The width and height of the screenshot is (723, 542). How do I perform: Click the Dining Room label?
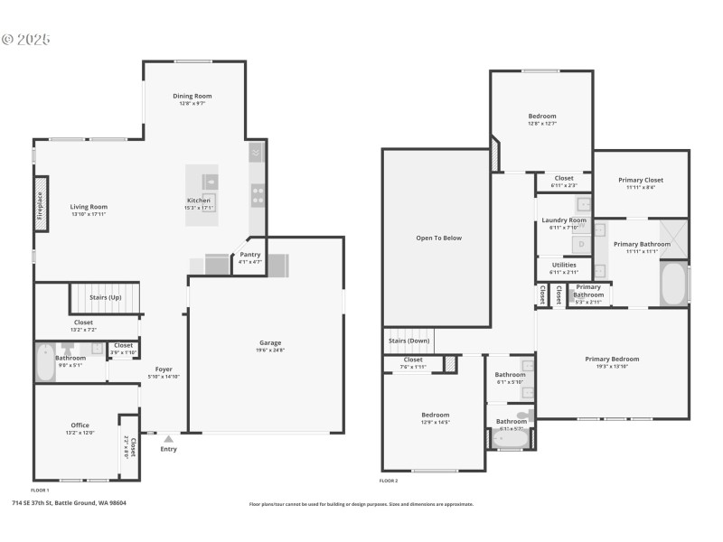192,96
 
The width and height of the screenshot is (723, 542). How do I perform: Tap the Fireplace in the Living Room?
41,204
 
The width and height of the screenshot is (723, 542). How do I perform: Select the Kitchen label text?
199,201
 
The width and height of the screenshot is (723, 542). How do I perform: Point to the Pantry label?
249,255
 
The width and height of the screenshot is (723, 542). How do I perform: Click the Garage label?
270,342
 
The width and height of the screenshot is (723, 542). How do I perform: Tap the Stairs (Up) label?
107,296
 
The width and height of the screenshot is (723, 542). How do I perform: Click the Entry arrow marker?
168,438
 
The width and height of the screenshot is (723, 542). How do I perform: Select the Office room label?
80,425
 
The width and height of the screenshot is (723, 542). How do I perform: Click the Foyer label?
164,369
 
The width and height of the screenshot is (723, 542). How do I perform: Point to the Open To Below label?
438,238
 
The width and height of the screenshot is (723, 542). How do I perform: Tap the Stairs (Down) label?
409,341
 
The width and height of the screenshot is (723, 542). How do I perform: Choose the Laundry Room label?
564,220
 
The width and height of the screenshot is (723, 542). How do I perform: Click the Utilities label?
564,265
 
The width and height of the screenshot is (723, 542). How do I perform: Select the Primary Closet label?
641,180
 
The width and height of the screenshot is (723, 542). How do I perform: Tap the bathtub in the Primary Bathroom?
671,284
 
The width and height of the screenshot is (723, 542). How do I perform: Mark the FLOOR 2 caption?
389,481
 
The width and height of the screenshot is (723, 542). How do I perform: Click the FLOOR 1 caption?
40,490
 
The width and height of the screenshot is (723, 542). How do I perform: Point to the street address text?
69,503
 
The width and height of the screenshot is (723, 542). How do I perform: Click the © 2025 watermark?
26,40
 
